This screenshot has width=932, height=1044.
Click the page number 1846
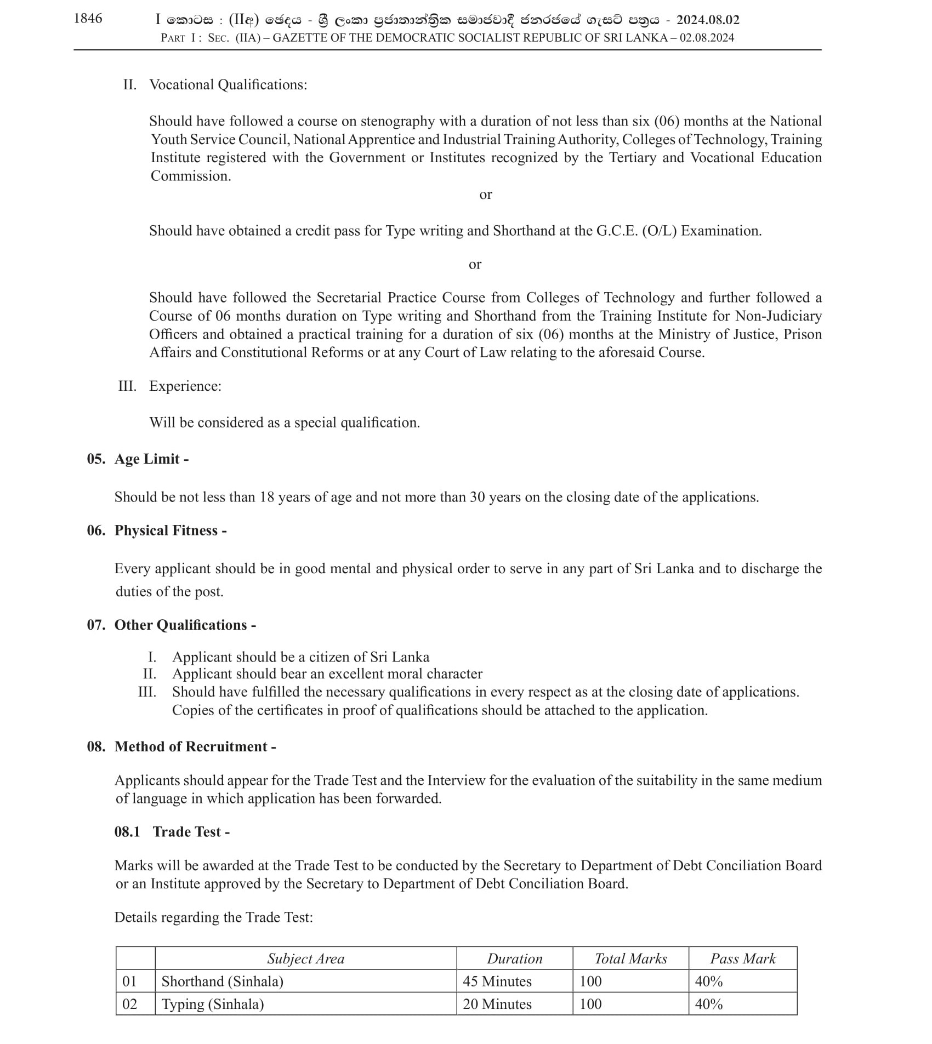(88, 19)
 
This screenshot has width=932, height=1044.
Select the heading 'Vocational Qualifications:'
(228, 85)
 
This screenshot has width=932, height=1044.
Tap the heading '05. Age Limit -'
(138, 459)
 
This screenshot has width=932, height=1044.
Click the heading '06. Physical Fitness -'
(157, 530)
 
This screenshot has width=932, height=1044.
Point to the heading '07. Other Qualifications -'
(171, 625)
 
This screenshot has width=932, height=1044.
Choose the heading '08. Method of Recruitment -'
(181, 746)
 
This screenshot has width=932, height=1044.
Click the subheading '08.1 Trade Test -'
(172, 831)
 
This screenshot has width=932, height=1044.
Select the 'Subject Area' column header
(305, 959)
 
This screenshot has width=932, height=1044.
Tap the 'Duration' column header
(514, 959)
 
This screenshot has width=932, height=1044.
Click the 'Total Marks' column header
(630, 959)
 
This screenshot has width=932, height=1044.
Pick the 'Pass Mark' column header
(742, 959)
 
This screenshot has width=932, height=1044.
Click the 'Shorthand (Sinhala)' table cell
(222, 981)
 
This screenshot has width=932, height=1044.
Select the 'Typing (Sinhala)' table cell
(213, 1004)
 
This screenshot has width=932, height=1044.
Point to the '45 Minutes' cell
(497, 981)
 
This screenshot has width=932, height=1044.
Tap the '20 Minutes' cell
(497, 1004)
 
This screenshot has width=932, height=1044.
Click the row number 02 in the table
(129, 1004)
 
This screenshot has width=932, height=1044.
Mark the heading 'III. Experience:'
(170, 386)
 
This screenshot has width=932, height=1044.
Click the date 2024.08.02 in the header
(707, 20)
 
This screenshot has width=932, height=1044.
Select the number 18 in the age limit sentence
(266, 497)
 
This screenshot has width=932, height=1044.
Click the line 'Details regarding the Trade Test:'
(213, 917)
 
